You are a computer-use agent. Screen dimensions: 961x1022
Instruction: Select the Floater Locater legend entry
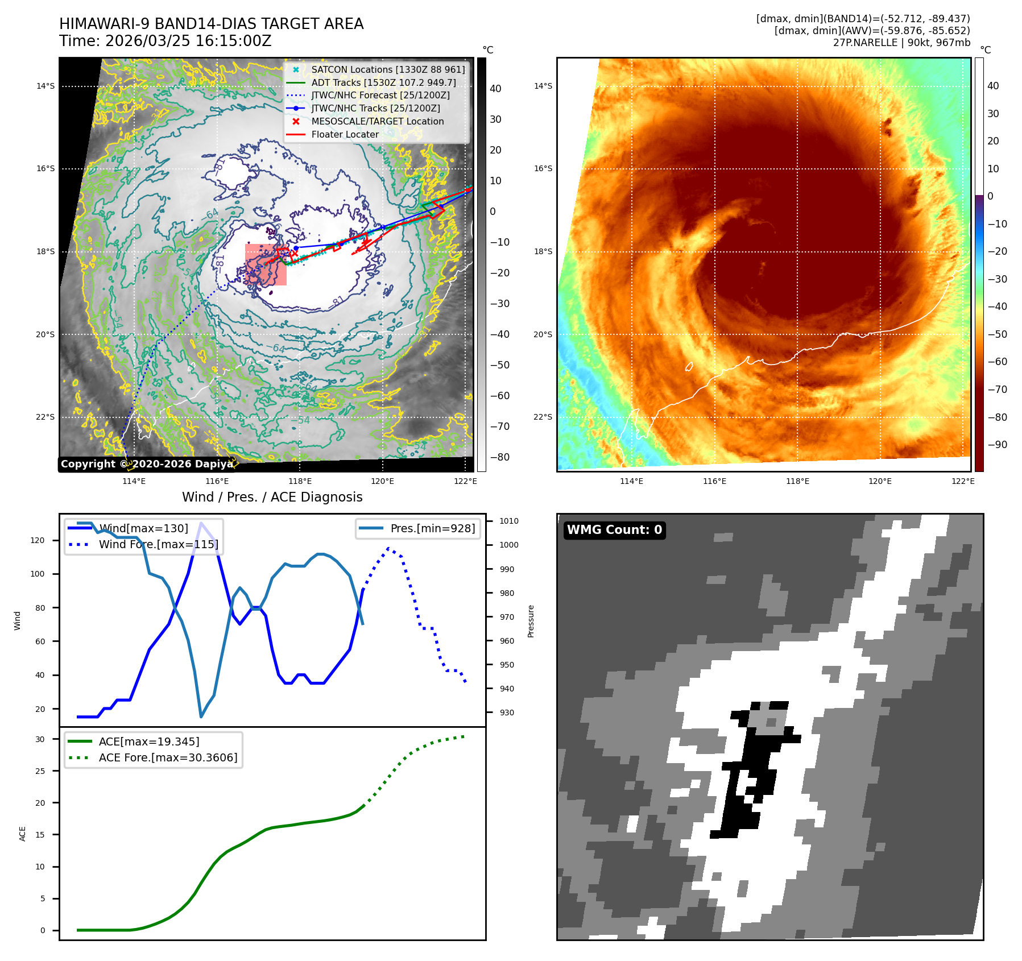[x=345, y=134]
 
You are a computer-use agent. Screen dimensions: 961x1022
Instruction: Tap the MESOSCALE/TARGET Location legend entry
[x=377, y=121]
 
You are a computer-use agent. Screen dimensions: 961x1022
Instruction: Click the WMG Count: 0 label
[x=614, y=530]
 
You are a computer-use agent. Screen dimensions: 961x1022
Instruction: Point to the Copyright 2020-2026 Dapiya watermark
[x=147, y=464]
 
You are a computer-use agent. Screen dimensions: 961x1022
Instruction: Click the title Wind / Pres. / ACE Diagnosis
[x=272, y=497]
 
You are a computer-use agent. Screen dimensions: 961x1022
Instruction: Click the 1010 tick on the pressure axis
[x=508, y=521]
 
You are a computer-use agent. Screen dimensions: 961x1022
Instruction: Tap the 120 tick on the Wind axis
[x=38, y=540]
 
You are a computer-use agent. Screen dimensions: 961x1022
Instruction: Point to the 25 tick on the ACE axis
[x=40, y=771]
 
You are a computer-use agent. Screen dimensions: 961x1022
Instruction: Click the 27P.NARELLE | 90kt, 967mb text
[x=901, y=43]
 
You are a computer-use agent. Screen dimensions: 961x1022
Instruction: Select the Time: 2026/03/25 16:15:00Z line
[x=165, y=41]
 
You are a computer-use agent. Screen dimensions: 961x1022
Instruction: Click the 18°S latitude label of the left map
[x=45, y=251]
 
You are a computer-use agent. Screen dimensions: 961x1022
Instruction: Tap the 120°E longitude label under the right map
[x=880, y=481]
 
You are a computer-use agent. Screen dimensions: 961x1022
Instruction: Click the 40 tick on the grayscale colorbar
[x=495, y=89]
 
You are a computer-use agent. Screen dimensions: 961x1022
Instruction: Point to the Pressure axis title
[x=531, y=621]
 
